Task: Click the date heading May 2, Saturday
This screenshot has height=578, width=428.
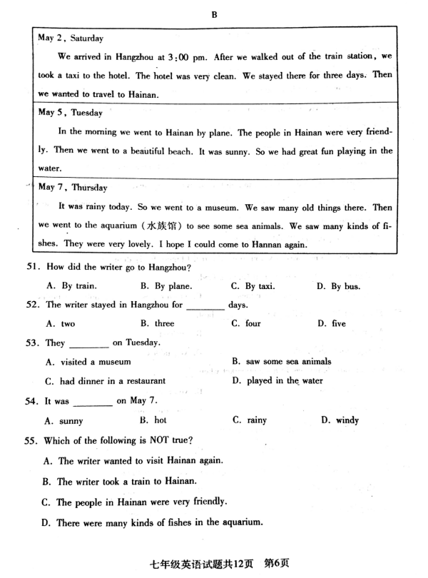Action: (x=71, y=38)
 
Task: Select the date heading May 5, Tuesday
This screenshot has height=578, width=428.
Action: (x=70, y=113)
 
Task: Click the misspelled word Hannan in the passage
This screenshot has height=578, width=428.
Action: (x=267, y=244)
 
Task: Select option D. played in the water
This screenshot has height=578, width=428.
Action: (x=277, y=380)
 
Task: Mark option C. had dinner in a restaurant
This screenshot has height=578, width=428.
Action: (x=105, y=380)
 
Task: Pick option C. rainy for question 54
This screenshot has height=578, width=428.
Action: (x=249, y=420)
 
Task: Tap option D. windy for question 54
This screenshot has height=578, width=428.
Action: (x=340, y=420)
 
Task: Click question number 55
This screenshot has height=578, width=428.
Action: (x=32, y=440)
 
